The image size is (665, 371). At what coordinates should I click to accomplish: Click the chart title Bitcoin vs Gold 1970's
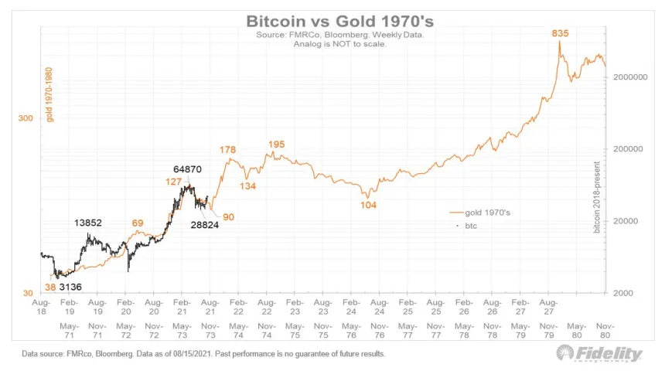point(332,21)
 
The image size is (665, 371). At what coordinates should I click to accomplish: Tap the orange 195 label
point(276,145)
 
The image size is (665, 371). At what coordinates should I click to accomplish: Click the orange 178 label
point(227,149)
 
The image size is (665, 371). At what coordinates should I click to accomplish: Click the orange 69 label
point(138,223)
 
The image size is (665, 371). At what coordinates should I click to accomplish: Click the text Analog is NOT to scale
point(332,45)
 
